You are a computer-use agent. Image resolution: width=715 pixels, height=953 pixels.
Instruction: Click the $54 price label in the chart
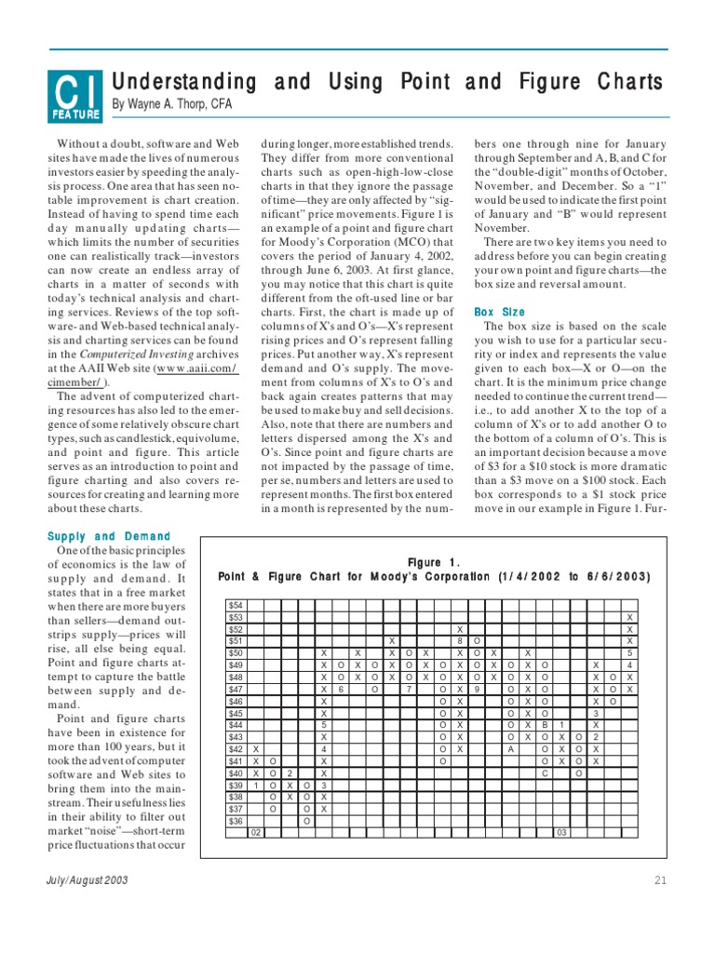point(236,605)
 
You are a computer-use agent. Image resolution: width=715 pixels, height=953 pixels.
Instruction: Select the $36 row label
point(236,821)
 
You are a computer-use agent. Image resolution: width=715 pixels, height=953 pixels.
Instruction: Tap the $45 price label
point(236,713)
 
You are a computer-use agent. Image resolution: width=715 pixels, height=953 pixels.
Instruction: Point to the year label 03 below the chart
point(562,833)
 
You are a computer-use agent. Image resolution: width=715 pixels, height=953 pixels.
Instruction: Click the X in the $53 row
point(630,617)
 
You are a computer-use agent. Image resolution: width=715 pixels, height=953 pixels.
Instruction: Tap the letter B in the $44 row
point(546,725)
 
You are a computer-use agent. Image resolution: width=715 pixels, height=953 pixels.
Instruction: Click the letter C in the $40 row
point(546,773)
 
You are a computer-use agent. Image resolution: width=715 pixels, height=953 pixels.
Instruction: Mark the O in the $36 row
point(307,821)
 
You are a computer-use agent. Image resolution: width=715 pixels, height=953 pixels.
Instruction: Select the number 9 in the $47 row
point(477,689)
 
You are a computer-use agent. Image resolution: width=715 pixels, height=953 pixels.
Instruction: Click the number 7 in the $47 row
point(409,689)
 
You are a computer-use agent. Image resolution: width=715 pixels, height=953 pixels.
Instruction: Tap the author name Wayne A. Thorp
point(172,104)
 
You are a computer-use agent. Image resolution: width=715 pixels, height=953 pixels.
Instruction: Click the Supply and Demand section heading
point(109,536)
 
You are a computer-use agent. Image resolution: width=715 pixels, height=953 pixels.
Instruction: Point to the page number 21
point(661,880)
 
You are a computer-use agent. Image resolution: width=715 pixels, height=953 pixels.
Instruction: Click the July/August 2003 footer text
point(88,880)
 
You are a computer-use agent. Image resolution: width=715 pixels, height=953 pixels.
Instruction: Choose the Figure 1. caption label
point(434,561)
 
